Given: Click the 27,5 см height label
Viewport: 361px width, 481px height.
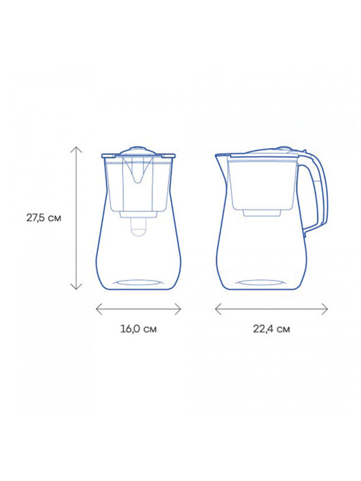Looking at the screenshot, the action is coord(44,218).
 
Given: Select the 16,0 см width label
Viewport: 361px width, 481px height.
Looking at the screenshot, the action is coord(138,329).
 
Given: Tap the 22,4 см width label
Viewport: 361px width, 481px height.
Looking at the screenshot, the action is coord(271,329).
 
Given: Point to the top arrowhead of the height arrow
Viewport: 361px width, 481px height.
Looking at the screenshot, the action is coord(76,147).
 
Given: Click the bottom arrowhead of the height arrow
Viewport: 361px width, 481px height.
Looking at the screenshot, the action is coord(76,289).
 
